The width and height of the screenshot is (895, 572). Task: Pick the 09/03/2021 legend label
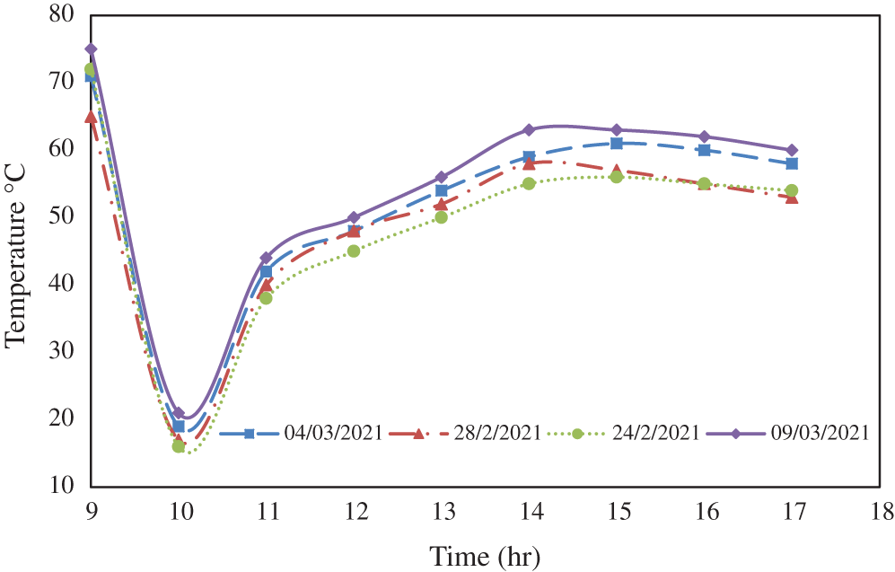pos(820,433)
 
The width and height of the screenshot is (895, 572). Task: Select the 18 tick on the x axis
pos(881,511)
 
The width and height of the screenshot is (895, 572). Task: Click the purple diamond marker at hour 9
pos(91,49)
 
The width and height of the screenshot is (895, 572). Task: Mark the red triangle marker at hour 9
pos(91,117)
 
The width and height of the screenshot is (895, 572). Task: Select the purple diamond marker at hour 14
pos(529,130)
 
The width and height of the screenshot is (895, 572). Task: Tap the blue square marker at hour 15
pos(617,144)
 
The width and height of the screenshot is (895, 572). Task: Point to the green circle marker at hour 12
pos(354,251)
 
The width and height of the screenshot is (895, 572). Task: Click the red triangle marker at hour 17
pos(792,198)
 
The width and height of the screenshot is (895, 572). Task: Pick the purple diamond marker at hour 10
pos(179,413)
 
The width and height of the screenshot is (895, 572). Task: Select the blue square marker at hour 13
pos(441,190)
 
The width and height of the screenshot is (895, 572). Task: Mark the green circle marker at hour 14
pos(529,184)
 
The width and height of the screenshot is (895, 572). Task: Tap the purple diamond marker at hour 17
pos(792,150)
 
